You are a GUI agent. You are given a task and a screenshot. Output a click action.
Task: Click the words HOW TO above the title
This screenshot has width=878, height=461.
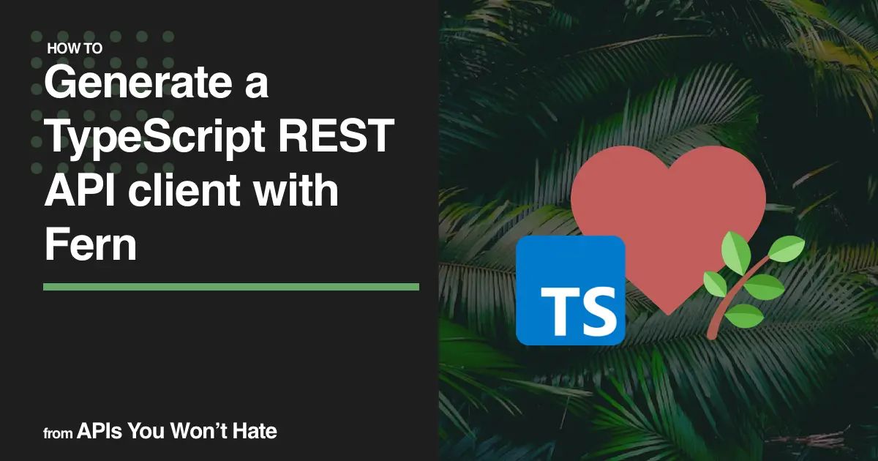[74, 50]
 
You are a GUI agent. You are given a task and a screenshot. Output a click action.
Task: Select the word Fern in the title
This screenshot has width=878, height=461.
[90, 245]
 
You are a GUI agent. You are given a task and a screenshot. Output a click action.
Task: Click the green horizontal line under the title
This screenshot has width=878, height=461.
[230, 287]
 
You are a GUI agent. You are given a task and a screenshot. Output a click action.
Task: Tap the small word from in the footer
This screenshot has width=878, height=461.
[59, 433]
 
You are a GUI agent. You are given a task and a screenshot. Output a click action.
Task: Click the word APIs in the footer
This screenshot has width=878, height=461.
[100, 432]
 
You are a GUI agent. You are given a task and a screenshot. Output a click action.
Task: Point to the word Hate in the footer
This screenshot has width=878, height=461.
[255, 432]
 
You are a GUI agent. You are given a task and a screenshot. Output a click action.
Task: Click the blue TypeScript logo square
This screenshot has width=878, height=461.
[570, 290]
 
